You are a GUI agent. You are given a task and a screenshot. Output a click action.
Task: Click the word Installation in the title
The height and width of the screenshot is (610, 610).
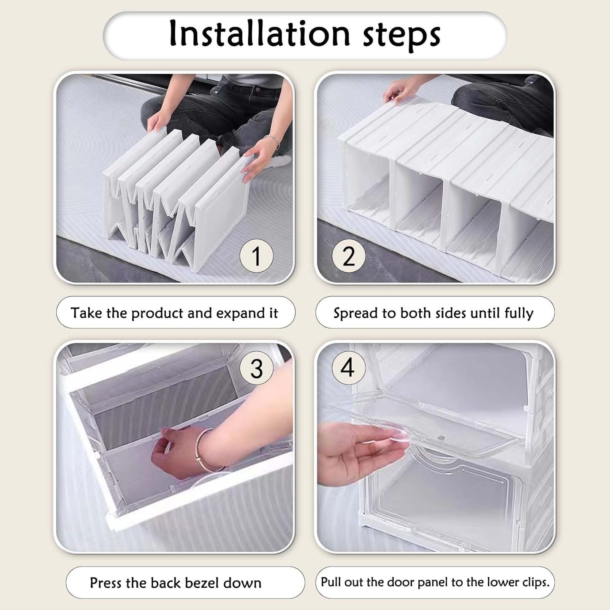click(x=259, y=34)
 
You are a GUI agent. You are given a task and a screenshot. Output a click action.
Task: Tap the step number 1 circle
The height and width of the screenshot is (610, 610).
click(x=256, y=256)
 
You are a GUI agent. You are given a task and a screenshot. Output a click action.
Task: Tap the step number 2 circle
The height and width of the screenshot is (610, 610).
click(x=349, y=256)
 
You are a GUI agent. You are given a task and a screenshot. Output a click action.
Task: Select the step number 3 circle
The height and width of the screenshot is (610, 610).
click(x=256, y=368)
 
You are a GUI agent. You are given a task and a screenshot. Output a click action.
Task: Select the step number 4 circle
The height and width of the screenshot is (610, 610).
click(x=348, y=367)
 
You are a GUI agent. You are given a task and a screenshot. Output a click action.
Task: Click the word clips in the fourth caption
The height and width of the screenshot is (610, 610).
click(x=535, y=583)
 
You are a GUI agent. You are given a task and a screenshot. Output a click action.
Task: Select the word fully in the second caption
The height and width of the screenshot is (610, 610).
click(x=519, y=314)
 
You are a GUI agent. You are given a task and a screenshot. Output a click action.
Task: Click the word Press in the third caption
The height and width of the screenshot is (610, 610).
click(x=106, y=583)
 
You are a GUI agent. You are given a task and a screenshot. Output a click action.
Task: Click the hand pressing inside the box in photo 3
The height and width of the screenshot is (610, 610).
click(x=173, y=452)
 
